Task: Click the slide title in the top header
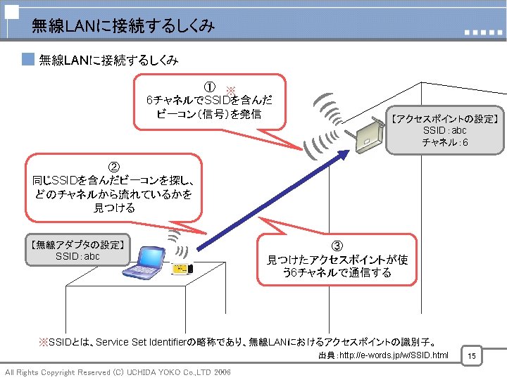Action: coord(123,26)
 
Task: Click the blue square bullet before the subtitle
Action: coord(28,60)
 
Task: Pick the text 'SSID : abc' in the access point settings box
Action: coord(444,131)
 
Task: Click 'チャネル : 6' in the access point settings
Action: coord(444,143)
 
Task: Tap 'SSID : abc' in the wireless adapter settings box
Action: coord(77,256)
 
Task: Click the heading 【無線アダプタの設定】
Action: coord(78,244)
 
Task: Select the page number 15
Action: coord(472,357)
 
